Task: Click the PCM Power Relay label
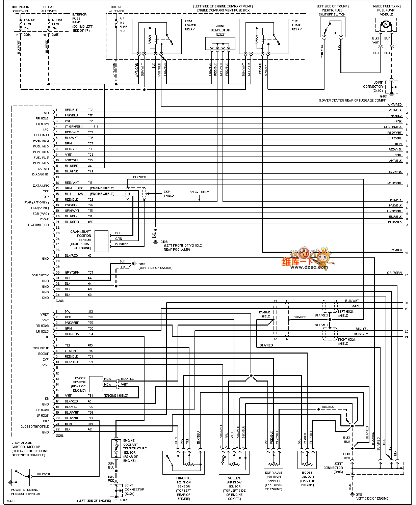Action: click(190, 25)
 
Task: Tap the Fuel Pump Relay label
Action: click(296, 25)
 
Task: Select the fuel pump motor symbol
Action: click(385, 24)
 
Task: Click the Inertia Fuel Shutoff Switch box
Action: click(332, 27)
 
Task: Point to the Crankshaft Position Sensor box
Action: click(101, 241)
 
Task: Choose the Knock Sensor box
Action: click(96, 384)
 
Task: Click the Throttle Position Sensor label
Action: click(184, 488)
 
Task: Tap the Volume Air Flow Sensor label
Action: click(234, 488)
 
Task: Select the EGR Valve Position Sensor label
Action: click(274, 481)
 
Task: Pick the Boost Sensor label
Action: click(307, 479)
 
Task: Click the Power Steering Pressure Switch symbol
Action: click(21, 477)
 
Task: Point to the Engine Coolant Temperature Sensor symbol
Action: click(116, 448)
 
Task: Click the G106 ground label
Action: click(164, 242)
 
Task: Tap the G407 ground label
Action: click(384, 96)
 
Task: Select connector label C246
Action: click(59, 301)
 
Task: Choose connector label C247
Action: click(59, 435)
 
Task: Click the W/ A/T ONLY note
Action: click(199, 192)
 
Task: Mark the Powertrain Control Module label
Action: click(30, 449)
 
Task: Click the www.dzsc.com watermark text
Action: click(309, 267)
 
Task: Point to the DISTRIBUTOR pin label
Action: click(38, 225)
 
